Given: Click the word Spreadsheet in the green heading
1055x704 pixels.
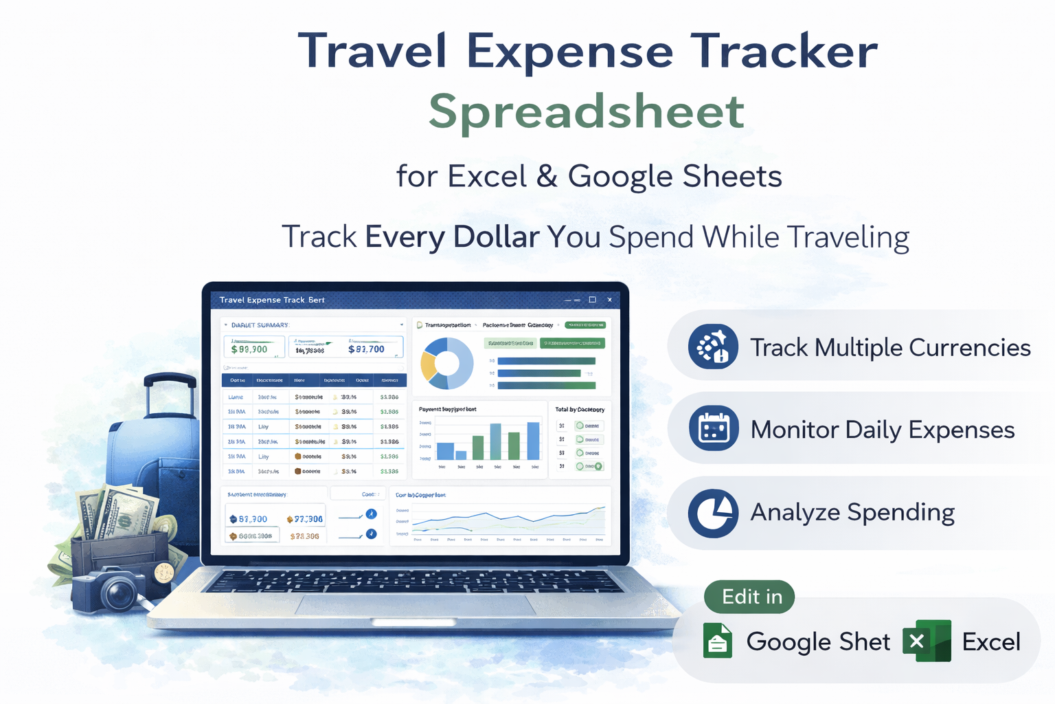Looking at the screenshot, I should pyautogui.click(x=587, y=111).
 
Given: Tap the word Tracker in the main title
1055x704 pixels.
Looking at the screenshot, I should pyautogui.click(x=784, y=52).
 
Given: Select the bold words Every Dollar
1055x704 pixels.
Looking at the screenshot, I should pyautogui.click(x=452, y=237).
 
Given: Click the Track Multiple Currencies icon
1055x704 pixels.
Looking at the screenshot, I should pyautogui.click(x=713, y=346).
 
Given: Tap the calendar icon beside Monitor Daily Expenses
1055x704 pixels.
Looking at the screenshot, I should pyautogui.click(x=713, y=429).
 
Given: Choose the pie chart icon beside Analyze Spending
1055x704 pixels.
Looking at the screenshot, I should pyautogui.click(x=713, y=512).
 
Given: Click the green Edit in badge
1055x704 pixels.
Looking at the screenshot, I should pyautogui.click(x=749, y=597).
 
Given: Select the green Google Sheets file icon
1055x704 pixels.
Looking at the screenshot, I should pyautogui.click(x=718, y=641).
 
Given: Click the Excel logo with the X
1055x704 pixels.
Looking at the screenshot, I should pyautogui.click(x=927, y=641).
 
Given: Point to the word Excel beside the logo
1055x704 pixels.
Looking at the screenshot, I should pyautogui.click(x=990, y=642).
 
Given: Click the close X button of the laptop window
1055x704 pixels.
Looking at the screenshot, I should pyautogui.click(x=609, y=300).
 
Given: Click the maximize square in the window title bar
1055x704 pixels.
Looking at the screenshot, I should pyautogui.click(x=592, y=300).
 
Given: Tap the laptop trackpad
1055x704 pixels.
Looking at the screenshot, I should pyautogui.click(x=416, y=606).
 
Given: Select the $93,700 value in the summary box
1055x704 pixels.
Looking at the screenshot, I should pyautogui.click(x=366, y=349).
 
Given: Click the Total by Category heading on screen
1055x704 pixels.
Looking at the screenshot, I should pyautogui.click(x=580, y=410).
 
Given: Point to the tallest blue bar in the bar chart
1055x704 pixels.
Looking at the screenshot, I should pyautogui.click(x=533, y=441).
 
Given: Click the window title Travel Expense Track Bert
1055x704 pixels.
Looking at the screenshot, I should pyautogui.click(x=272, y=300).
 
